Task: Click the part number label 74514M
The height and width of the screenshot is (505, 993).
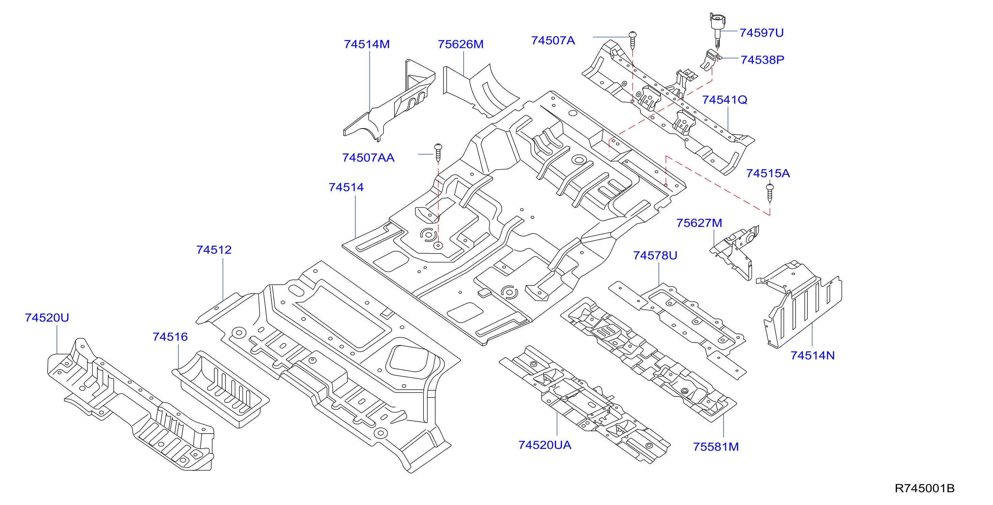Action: click(367, 44)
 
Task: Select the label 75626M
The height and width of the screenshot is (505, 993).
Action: click(461, 44)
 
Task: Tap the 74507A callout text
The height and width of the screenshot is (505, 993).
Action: click(553, 40)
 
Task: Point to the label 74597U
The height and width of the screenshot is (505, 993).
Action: click(762, 33)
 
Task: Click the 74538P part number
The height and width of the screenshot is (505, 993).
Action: click(762, 60)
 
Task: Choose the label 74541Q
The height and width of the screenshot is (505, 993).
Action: click(725, 100)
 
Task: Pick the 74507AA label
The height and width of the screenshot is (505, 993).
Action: click(369, 158)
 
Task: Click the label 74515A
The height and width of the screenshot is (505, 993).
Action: click(768, 173)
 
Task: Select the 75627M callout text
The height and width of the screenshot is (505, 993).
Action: click(699, 223)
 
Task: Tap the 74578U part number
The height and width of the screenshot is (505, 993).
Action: click(655, 255)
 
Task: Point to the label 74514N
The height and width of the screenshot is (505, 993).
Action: click(812, 355)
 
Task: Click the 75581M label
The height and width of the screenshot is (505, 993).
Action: click(716, 446)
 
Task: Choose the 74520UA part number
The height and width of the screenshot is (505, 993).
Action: click(545, 445)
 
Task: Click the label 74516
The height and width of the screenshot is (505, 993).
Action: click(170, 337)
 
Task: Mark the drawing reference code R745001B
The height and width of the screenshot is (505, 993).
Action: click(925, 488)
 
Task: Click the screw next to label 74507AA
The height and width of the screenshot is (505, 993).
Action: click(438, 153)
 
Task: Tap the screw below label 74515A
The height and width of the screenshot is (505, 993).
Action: click(770, 193)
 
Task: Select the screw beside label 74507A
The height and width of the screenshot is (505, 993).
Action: click(633, 40)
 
